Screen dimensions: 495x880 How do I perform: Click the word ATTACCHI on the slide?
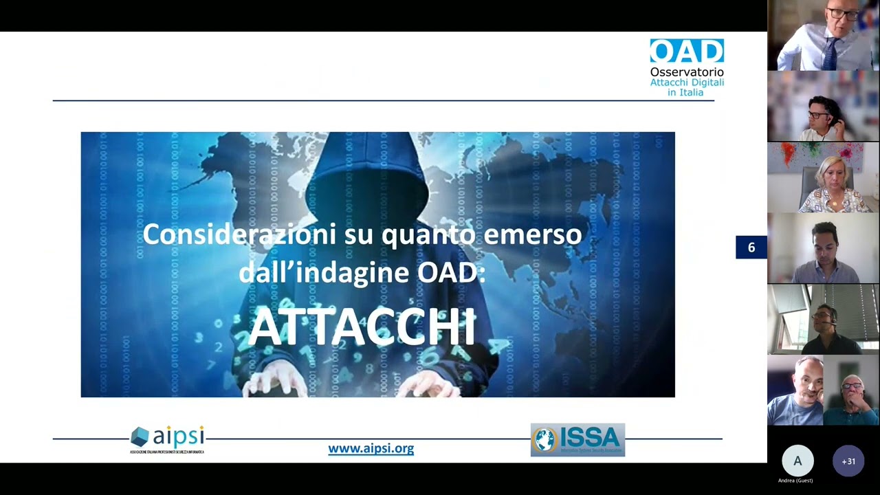click(362, 327)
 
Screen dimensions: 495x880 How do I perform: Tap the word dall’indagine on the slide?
click(324, 273)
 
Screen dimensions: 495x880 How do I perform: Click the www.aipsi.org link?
click(371, 448)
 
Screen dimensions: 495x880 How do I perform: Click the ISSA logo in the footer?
click(577, 440)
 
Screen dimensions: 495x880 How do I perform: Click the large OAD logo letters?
click(686, 52)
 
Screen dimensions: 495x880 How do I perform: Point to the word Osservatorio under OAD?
click(687, 71)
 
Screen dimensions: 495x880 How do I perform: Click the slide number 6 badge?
click(751, 247)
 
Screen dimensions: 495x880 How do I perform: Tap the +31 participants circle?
click(848, 461)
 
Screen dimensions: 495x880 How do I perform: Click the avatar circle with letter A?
click(797, 461)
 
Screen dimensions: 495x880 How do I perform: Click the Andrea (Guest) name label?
click(795, 481)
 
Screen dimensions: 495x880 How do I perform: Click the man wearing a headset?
click(823, 320)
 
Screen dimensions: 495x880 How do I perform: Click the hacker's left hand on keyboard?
click(275, 378)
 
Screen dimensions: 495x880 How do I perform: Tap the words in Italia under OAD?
click(686, 92)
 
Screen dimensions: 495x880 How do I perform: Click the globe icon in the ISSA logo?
click(545, 440)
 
